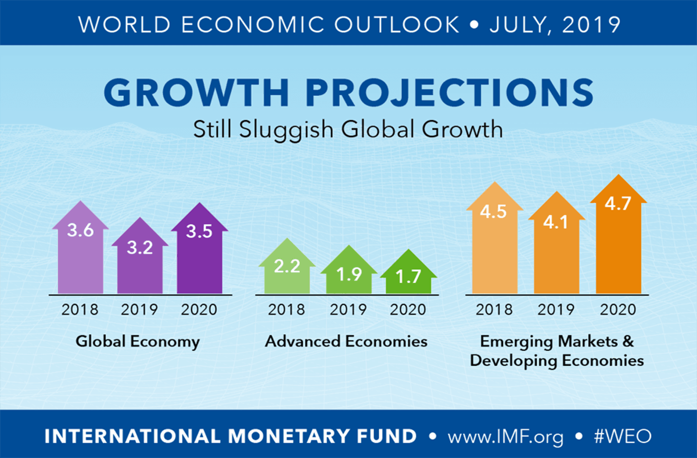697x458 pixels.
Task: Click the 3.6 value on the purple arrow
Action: pyautogui.click(x=80, y=230)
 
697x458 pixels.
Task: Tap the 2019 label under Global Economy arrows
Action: pyautogui.click(x=139, y=309)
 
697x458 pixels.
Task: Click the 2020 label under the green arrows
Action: pyautogui.click(x=409, y=309)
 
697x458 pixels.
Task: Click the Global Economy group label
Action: pyautogui.click(x=138, y=341)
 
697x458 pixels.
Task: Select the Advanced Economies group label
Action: pyautogui.click(x=346, y=341)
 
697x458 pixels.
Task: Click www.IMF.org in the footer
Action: pyautogui.click(x=505, y=436)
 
